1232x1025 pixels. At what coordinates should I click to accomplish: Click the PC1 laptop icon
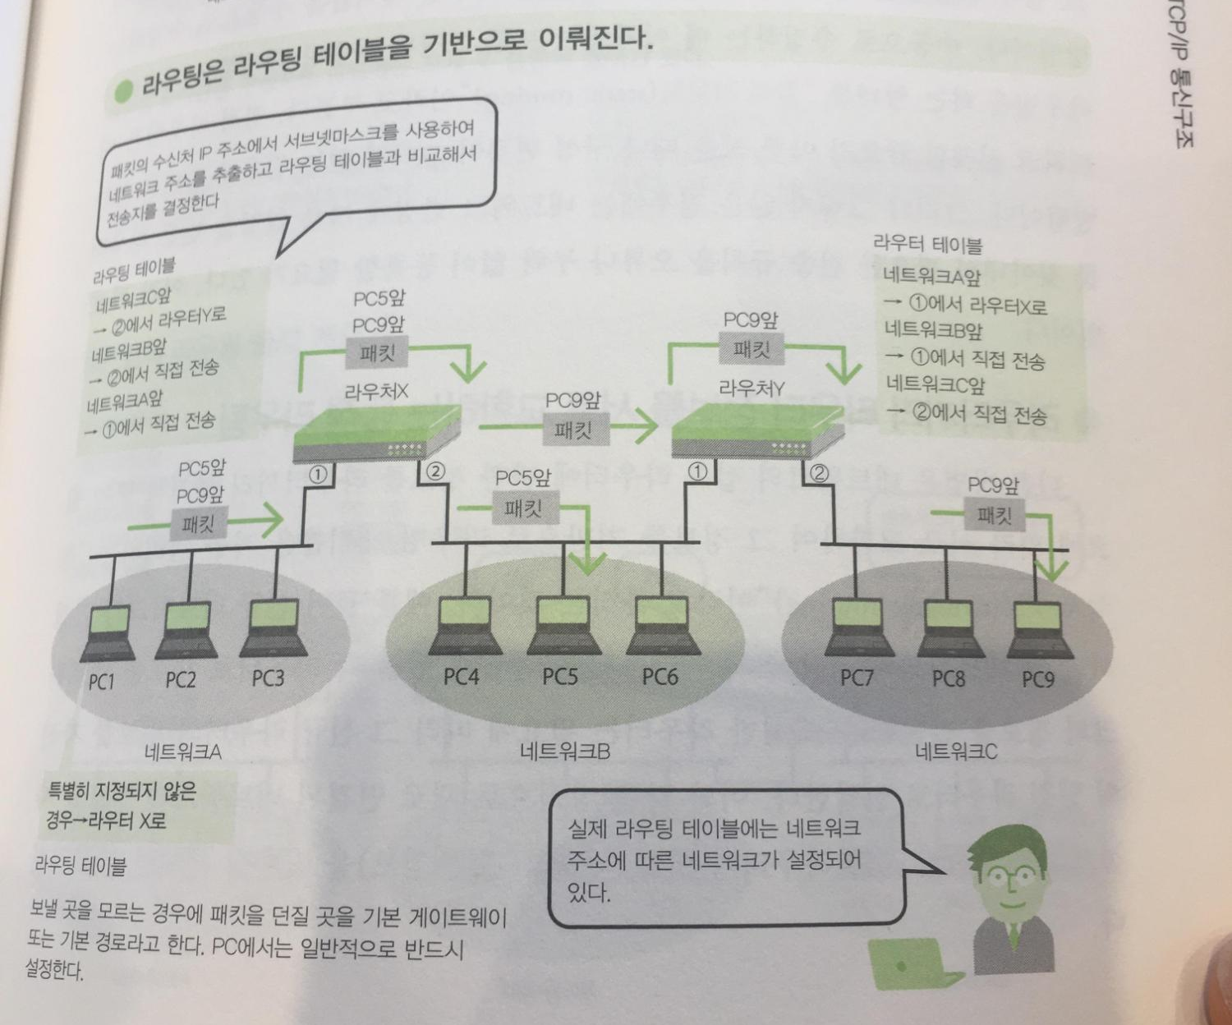point(108,633)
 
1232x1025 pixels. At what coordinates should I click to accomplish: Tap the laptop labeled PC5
point(560,627)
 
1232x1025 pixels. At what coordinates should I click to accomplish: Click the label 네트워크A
point(182,751)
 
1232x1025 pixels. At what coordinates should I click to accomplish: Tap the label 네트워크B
point(565,751)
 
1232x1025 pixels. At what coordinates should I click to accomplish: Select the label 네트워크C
point(956,751)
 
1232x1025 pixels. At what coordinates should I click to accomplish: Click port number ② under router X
point(434,472)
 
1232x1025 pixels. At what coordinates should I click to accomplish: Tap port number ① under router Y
point(697,471)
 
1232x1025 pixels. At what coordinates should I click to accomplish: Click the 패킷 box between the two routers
point(572,430)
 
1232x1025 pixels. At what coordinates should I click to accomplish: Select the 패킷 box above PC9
point(994,516)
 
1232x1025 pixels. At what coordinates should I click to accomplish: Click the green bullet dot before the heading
point(123,91)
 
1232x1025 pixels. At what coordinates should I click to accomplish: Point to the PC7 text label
point(856,678)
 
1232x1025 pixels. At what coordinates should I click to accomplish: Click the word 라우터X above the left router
point(375,391)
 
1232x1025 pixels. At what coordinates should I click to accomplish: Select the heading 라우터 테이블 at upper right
point(927,244)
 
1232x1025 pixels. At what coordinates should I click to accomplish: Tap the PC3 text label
point(268,678)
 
